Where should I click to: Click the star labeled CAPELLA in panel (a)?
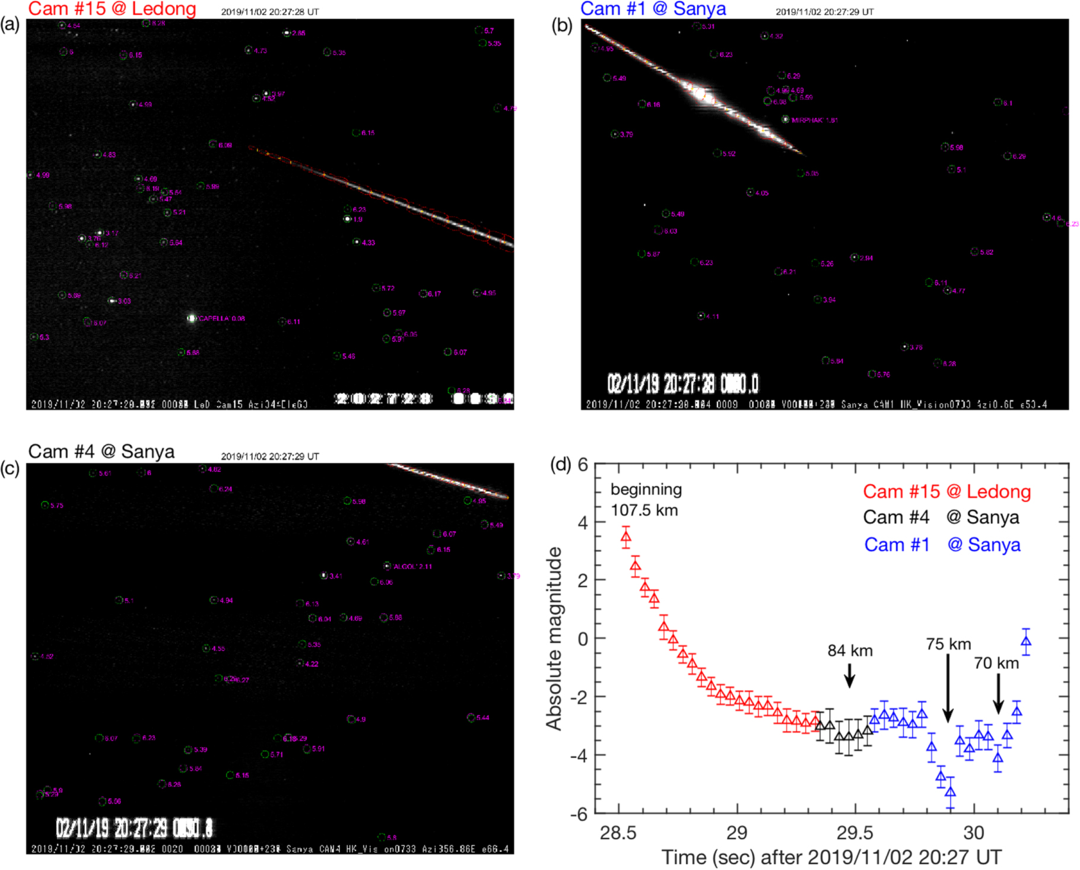[x=192, y=319]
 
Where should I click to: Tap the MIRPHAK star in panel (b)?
[x=786, y=119]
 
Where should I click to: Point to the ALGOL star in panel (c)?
[x=387, y=566]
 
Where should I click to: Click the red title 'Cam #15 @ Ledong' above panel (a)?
[x=112, y=9]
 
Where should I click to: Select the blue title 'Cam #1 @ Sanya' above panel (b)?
[x=653, y=9]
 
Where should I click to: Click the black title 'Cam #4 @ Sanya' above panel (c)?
[x=101, y=452]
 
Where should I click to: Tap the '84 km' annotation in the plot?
[x=850, y=651]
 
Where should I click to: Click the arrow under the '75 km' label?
[x=948, y=688]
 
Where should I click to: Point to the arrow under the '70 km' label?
[x=998, y=694]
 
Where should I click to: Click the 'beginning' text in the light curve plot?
[x=646, y=490]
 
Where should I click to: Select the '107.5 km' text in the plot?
[x=644, y=510]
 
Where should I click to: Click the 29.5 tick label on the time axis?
[x=855, y=833]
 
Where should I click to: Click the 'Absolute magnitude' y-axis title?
[x=554, y=639]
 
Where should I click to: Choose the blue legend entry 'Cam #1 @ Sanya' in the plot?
[x=942, y=545]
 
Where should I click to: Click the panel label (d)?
[x=561, y=465]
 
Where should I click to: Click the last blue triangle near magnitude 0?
[x=1026, y=642]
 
